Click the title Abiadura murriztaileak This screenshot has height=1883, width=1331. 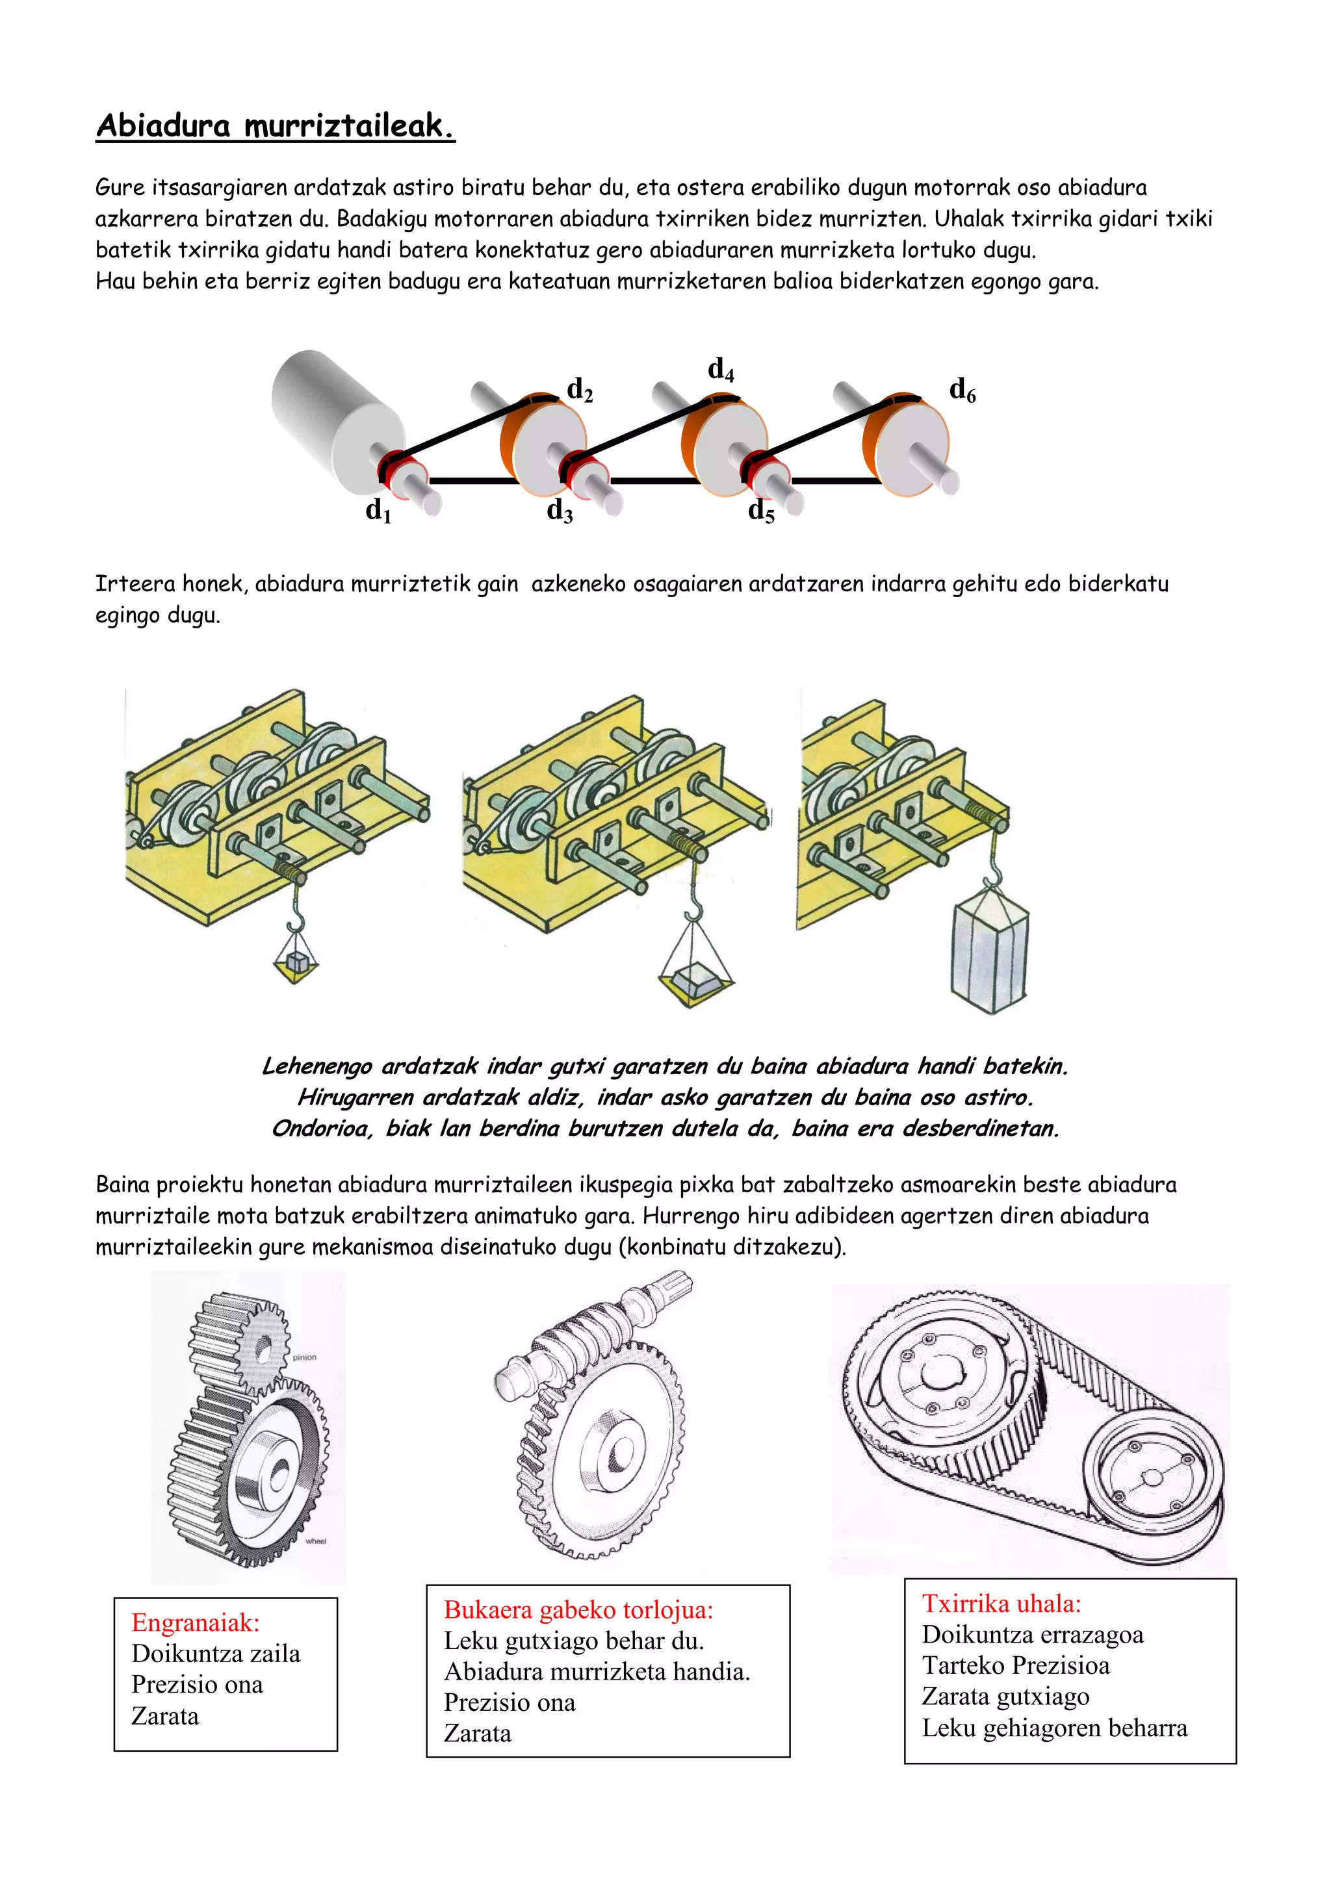(275, 125)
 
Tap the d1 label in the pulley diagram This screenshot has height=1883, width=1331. (378, 510)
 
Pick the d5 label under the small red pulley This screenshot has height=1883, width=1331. (760, 511)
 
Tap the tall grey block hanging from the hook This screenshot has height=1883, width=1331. (990, 951)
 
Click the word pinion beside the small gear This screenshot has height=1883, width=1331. (304, 1357)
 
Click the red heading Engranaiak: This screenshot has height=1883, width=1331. (195, 1622)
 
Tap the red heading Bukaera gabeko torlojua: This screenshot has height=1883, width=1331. (578, 1609)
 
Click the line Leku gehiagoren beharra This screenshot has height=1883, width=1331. (1053, 1728)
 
